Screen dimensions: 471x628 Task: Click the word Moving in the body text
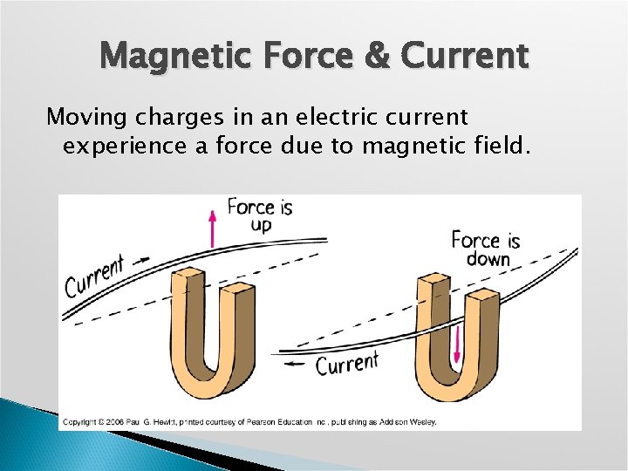82,116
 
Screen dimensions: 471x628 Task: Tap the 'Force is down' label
485,249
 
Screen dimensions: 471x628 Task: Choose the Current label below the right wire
347,364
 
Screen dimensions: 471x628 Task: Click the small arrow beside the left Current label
142,259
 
